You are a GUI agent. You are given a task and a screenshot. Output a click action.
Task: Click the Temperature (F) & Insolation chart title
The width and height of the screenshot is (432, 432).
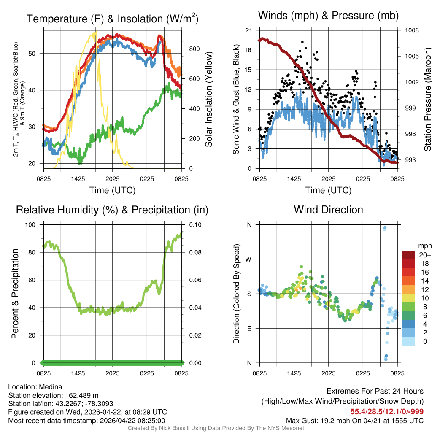point(112,19)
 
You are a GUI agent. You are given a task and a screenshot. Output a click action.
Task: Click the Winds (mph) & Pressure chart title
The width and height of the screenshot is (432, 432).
point(328,16)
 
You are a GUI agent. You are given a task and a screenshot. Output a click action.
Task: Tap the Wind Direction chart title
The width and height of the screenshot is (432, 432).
point(328,210)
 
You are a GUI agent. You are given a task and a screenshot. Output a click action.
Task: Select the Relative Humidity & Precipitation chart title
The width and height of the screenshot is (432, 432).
point(112,210)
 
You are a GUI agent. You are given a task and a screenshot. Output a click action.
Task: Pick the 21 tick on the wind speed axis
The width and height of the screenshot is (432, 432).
point(248,30)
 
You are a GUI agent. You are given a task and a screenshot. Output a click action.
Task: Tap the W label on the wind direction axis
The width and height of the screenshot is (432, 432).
point(249,259)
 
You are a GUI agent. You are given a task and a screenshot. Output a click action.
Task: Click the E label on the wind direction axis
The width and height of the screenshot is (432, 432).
point(249,328)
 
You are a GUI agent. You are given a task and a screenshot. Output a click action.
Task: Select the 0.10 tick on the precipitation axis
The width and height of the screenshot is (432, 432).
point(195,224)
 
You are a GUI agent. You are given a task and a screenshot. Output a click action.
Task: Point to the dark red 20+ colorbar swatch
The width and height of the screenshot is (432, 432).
point(409,255)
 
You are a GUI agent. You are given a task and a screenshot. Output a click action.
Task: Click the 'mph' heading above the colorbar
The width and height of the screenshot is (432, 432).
point(424,246)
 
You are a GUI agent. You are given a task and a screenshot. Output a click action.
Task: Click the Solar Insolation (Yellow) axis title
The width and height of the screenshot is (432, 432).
point(208,100)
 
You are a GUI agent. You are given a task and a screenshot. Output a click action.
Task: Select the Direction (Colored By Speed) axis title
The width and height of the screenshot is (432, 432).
point(237,294)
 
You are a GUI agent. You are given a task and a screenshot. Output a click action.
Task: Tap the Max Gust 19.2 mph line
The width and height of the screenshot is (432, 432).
point(355,420)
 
